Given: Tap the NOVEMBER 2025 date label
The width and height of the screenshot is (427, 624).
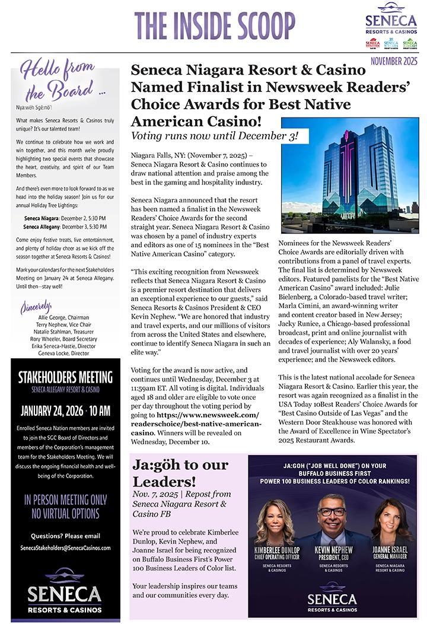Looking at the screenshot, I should [x=394, y=61].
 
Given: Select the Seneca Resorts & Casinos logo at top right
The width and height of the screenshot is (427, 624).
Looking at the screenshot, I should [x=391, y=24].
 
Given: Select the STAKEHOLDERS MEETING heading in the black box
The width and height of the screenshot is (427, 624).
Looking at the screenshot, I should [x=65, y=377].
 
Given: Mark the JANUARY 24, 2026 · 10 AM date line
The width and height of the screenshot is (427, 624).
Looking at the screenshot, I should [x=65, y=411].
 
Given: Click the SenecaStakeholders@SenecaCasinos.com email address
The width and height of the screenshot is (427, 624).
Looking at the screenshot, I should [x=65, y=547].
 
